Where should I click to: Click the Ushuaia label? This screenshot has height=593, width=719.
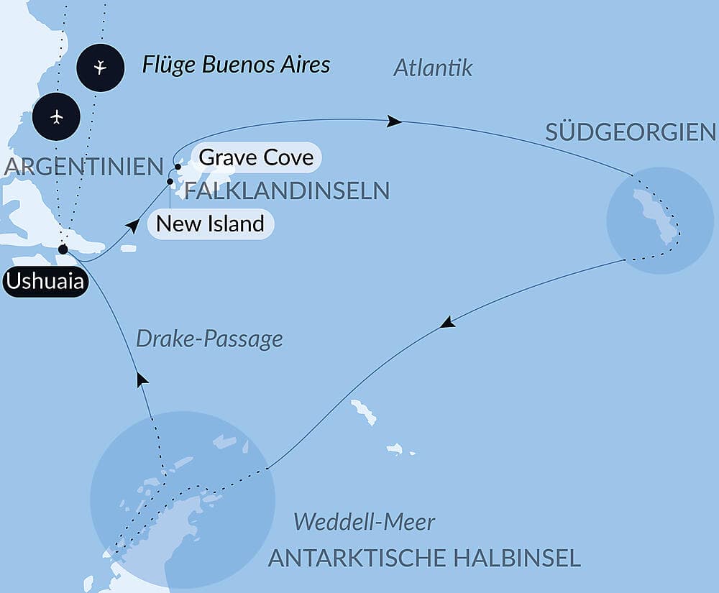tap(45, 282)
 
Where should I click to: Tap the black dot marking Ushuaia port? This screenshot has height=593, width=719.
tap(63, 249)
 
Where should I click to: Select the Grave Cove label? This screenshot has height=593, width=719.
tap(256, 157)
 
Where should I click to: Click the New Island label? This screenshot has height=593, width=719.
tap(210, 224)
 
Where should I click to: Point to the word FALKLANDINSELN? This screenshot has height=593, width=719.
tap(287, 190)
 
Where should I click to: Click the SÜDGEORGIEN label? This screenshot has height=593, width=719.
tap(631, 132)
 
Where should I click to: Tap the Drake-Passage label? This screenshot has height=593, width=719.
tap(209, 339)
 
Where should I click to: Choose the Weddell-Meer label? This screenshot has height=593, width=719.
tap(365, 522)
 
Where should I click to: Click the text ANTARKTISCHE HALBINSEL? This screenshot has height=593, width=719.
tap(424, 558)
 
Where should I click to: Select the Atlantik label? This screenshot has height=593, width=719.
tap(434, 68)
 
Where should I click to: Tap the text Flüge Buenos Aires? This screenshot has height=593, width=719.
tap(236, 65)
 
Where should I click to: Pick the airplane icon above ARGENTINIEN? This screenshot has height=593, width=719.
tap(57, 116)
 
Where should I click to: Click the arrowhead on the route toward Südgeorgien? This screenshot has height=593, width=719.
tap(395, 121)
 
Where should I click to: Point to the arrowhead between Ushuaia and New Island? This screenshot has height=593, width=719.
tap(132, 226)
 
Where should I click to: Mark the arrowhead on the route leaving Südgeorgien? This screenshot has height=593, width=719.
tap(447, 323)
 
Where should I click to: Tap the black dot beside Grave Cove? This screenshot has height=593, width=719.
tap(178, 166)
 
